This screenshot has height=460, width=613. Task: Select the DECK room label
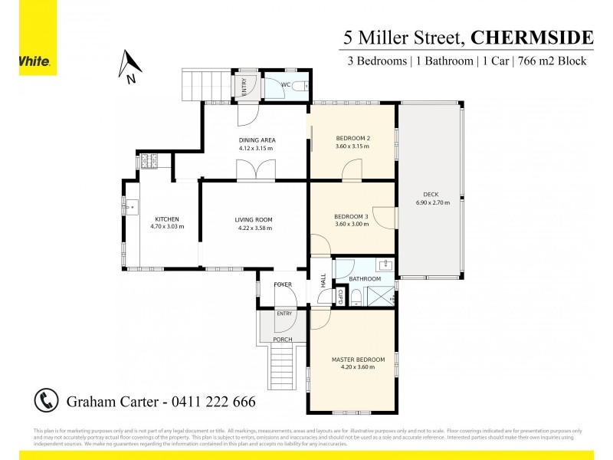pyautogui.click(x=431, y=194)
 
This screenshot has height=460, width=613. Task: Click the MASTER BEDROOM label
pyautogui.click(x=352, y=360)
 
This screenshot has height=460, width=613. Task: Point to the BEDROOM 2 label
pyautogui.click(x=352, y=138)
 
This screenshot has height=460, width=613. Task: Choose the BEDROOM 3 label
pyautogui.click(x=352, y=216)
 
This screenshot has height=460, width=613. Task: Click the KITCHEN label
pyautogui.click(x=166, y=219)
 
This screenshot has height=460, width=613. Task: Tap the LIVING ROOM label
pyautogui.click(x=254, y=220)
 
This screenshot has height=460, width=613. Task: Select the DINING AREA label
pyautogui.click(x=257, y=140)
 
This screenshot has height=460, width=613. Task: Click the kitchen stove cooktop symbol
pyautogui.click(x=148, y=162)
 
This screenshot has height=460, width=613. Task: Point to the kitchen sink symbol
pyautogui.click(x=131, y=205)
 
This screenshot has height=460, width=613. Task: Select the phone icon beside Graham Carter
pyautogui.click(x=46, y=400)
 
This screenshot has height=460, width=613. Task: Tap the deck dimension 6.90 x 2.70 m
pyautogui.click(x=431, y=202)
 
